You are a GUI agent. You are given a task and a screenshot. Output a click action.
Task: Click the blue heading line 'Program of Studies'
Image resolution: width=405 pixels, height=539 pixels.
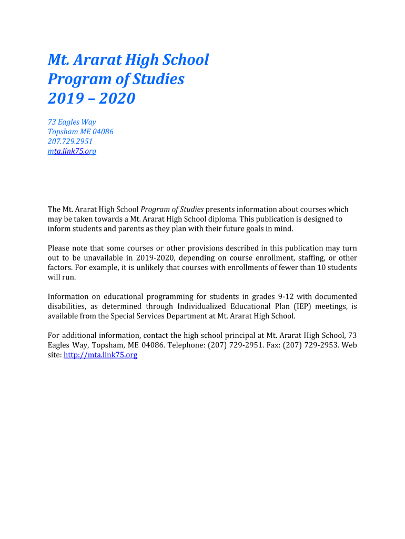point(116,79)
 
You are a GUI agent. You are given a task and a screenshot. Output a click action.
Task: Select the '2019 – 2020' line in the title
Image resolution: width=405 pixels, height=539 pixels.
point(92,98)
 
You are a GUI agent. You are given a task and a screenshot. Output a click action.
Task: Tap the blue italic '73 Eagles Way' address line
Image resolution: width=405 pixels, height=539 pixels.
point(72,122)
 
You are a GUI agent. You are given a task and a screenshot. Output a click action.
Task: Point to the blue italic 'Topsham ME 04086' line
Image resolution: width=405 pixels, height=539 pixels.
point(80,132)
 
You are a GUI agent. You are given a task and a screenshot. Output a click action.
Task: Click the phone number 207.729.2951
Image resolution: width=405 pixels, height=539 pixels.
point(70,141)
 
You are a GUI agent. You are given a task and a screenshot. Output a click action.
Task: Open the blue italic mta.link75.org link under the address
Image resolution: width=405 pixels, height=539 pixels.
point(72,151)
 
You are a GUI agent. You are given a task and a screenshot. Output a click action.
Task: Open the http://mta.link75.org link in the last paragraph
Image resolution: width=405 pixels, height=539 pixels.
point(100,355)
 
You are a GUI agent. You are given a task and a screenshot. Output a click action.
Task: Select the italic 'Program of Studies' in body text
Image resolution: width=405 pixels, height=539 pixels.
point(172,209)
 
